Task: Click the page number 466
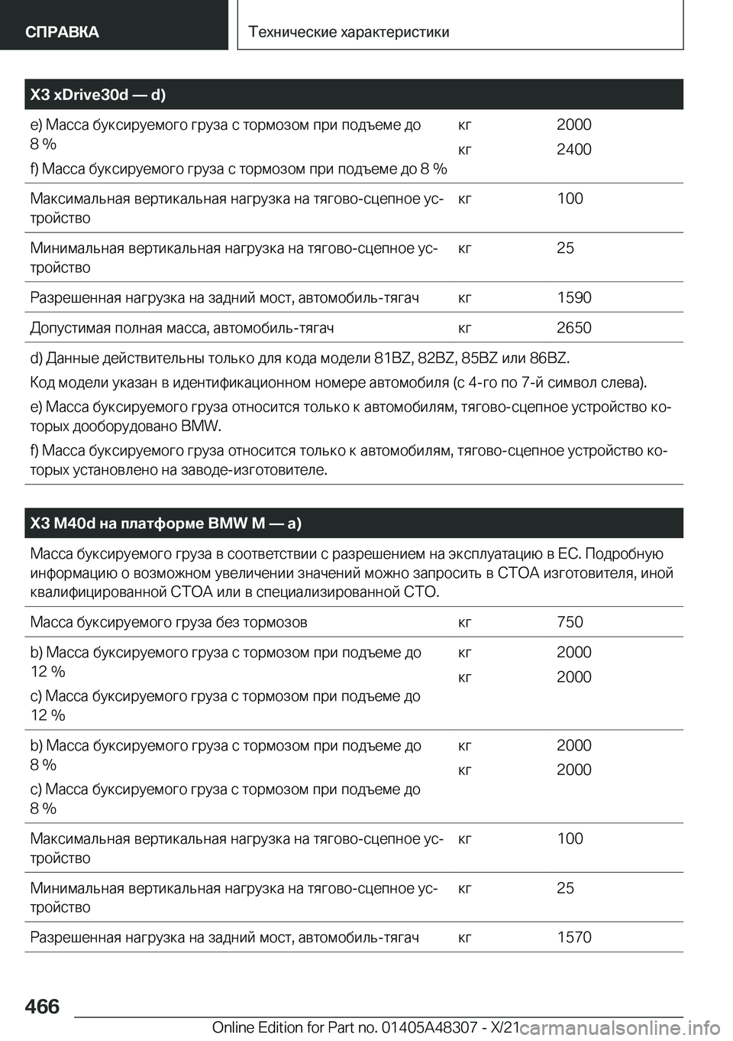tap(41, 1007)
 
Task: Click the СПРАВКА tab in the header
tap(62, 31)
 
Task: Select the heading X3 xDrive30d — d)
tap(98, 95)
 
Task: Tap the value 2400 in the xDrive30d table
tap(573, 149)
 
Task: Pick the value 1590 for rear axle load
tap(573, 297)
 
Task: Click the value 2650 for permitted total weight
tap(573, 328)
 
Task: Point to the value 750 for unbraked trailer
tap(570, 621)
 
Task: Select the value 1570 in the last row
tap(573, 937)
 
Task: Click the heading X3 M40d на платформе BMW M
tap(166, 524)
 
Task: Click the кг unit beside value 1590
tap(464, 297)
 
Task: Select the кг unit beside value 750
tap(464, 621)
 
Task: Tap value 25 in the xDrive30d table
tap(565, 248)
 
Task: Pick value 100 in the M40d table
tap(570, 838)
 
